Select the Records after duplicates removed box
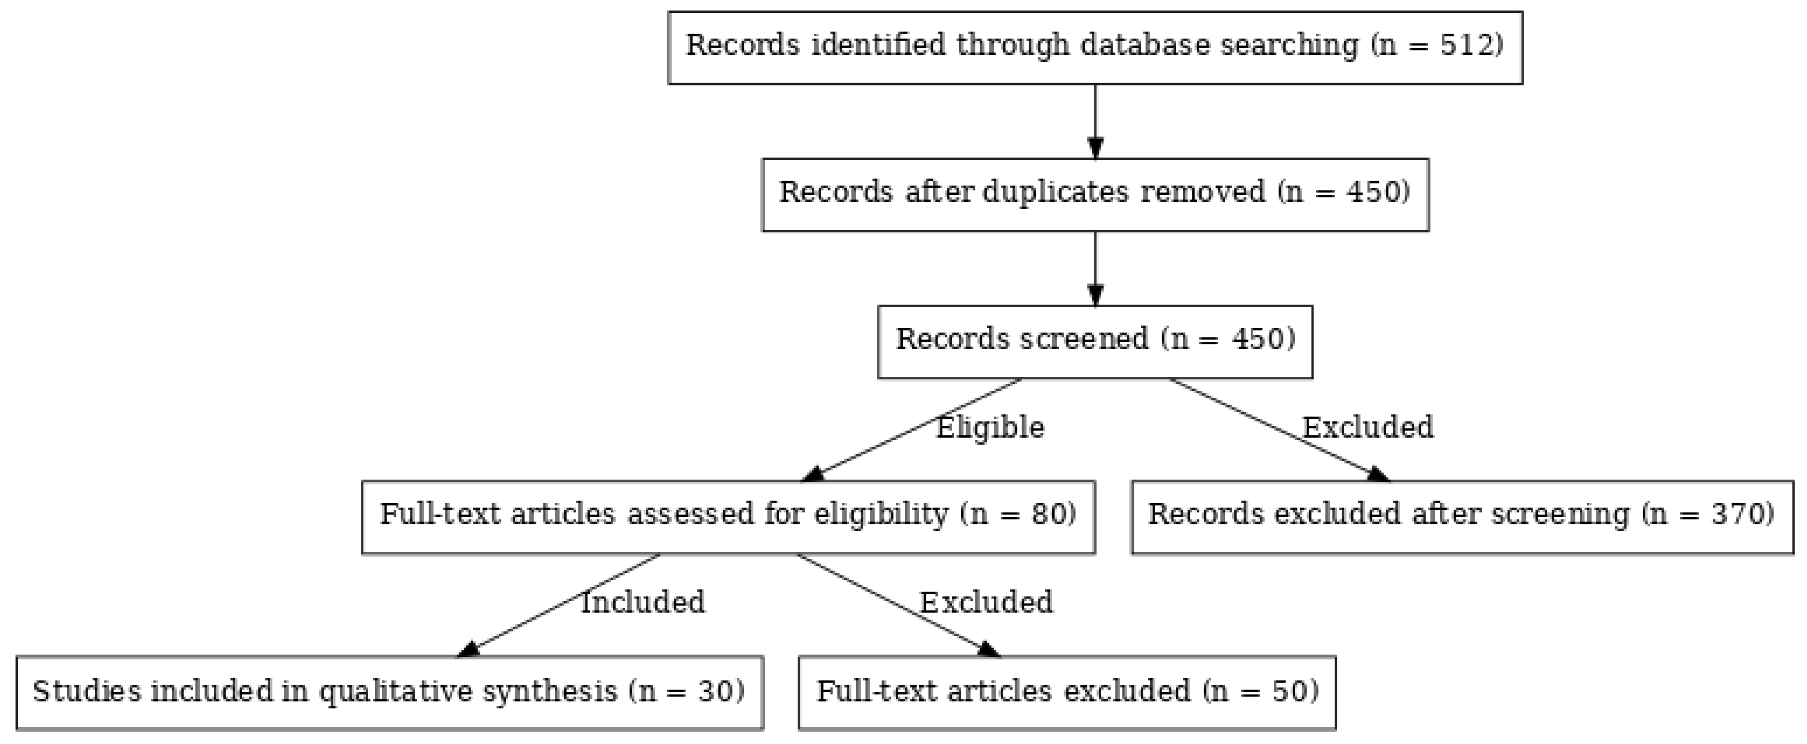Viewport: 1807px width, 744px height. coord(1094,194)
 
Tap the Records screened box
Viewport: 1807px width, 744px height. coord(1094,341)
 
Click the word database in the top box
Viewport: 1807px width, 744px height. coord(1145,46)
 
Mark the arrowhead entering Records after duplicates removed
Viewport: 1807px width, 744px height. coord(1095,149)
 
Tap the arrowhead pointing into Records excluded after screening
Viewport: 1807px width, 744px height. coord(1378,475)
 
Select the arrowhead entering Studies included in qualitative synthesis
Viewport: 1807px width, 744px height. coord(469,650)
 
